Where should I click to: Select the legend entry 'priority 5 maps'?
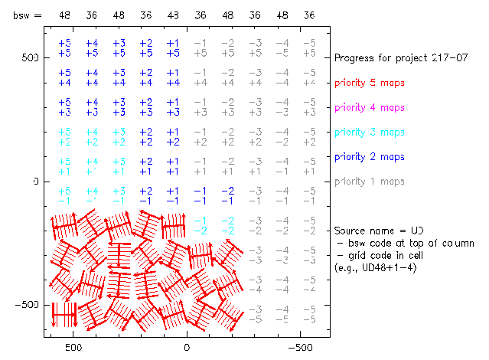pyautogui.click(x=370, y=83)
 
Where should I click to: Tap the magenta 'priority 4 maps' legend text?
pyautogui.click(x=370, y=107)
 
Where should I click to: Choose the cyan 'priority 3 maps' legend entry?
pyautogui.click(x=370, y=132)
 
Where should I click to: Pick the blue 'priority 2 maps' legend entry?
pyautogui.click(x=370, y=156)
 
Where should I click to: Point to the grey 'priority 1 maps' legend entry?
pyautogui.click(x=370, y=182)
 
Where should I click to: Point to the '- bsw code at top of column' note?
pyautogui.click(x=405, y=243)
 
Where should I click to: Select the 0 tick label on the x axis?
pyautogui.click(x=187, y=346)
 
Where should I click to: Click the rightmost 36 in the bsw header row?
pyautogui.click(x=308, y=15)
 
